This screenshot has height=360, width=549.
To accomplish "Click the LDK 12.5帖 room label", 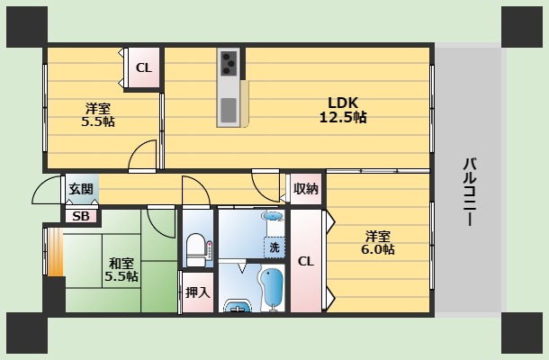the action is click(343, 110).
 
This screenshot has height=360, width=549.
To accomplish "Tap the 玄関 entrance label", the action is click(81, 189).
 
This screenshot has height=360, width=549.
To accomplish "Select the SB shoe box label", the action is click(81, 216).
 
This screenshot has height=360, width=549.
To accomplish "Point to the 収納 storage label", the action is click(306, 189).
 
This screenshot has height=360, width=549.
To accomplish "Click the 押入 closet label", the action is click(198, 292).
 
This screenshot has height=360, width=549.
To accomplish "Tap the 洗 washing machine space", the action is click(274, 247).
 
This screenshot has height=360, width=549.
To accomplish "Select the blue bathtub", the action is click(273, 289).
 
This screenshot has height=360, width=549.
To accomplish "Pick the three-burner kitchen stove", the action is click(229, 63).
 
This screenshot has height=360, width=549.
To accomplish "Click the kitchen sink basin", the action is click(229, 109).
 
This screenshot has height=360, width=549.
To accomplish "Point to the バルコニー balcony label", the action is click(470, 192).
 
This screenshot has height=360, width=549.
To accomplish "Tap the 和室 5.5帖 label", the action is click(121, 270).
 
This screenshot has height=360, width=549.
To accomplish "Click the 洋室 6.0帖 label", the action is click(378, 243).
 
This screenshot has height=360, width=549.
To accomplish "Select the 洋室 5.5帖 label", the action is click(98, 115).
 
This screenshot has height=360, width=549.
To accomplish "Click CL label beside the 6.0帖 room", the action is click(306, 261).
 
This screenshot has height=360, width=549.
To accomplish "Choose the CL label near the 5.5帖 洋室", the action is click(144, 67).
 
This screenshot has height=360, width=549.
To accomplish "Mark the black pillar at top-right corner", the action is click(522, 27).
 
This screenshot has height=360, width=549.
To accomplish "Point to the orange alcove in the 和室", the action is click(55, 252).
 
